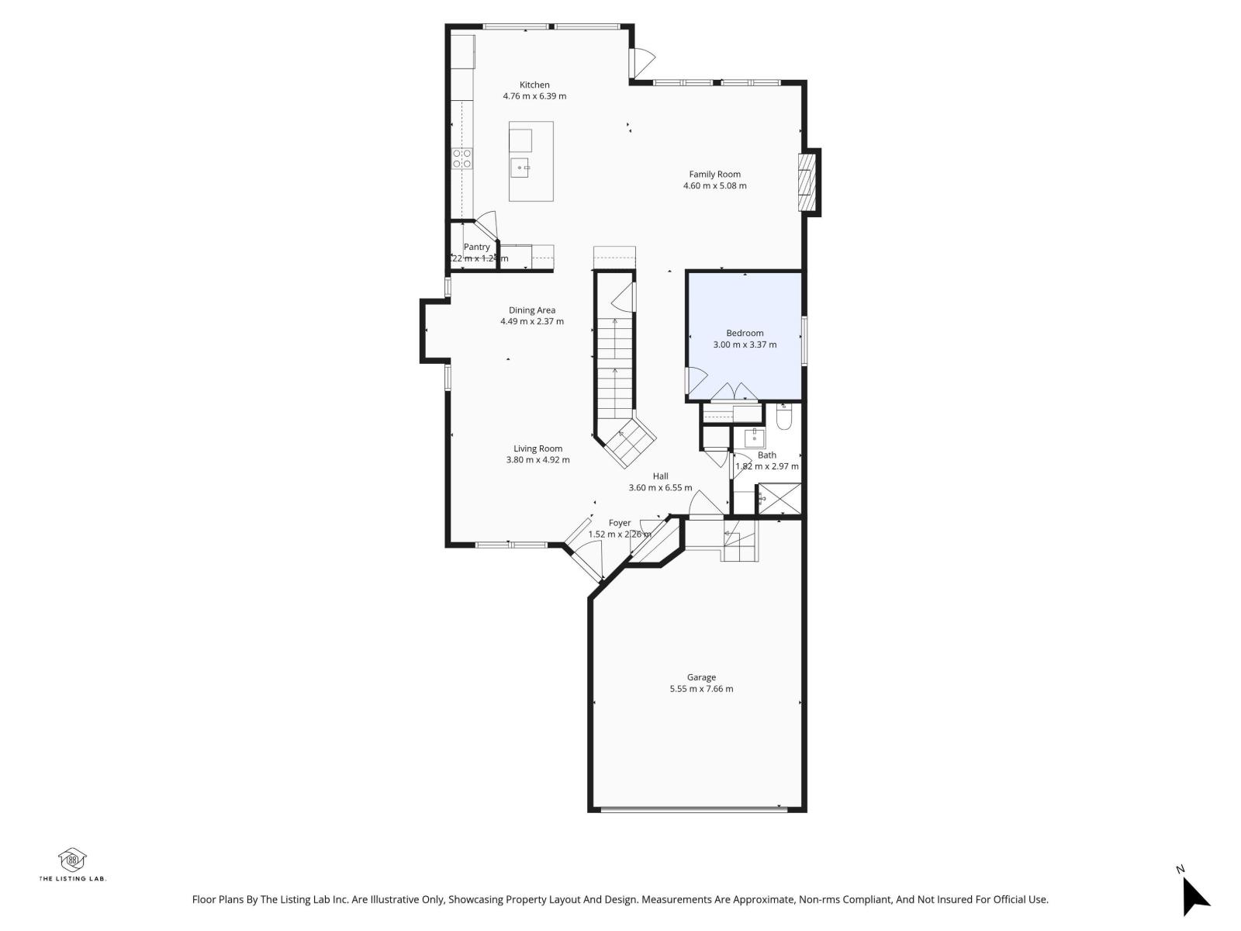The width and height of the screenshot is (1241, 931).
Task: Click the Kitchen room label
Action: point(534,85)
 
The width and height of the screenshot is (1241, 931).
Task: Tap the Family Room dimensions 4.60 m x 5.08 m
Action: point(714,186)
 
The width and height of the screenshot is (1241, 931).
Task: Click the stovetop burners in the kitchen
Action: point(462,159)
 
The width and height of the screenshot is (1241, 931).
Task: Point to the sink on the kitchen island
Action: point(520,167)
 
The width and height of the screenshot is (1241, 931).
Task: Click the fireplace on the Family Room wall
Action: point(807,182)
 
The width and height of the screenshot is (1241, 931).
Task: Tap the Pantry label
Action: point(477,247)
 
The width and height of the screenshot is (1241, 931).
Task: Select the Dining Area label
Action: point(532,310)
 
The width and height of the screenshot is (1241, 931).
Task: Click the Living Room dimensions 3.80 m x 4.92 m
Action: point(538,460)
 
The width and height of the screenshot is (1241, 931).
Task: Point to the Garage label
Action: point(701,677)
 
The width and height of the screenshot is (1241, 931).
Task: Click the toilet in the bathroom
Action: point(783,418)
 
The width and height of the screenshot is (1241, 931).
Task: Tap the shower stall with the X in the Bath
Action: point(779,499)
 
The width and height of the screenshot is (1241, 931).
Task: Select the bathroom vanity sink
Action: point(754,438)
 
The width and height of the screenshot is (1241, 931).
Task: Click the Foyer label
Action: point(619,523)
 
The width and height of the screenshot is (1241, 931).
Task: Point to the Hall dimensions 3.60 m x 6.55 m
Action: point(660,488)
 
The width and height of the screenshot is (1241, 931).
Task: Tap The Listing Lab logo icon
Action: point(72,860)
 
